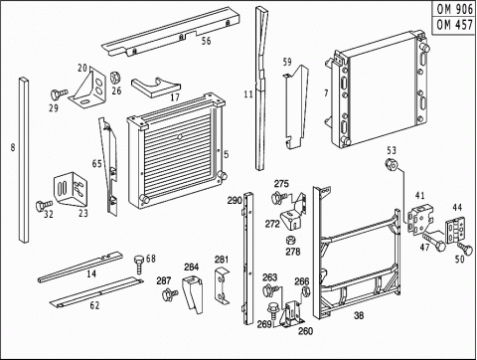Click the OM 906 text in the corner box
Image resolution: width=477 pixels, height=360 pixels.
454,9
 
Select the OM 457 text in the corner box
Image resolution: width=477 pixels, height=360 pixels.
454,24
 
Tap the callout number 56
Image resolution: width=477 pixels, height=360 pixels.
206,41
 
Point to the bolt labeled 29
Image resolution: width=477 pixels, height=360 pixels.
59,94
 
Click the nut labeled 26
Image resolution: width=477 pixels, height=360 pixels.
115,78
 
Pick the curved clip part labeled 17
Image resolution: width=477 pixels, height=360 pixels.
156,88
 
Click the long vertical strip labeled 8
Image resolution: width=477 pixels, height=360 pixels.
24,160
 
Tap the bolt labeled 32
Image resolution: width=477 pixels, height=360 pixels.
44,205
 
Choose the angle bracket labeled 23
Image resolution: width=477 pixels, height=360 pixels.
71,189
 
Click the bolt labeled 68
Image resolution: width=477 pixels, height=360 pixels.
139,264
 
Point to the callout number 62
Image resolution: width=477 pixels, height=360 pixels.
94,305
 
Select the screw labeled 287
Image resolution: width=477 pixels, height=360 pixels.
170,294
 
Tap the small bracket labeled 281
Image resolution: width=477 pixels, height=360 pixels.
221,285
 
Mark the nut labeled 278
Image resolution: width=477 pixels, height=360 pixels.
290,240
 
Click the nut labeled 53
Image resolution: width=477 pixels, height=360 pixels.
392,164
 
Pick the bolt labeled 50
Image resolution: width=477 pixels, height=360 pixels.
465,249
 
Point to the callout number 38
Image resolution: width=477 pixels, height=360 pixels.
359,315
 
